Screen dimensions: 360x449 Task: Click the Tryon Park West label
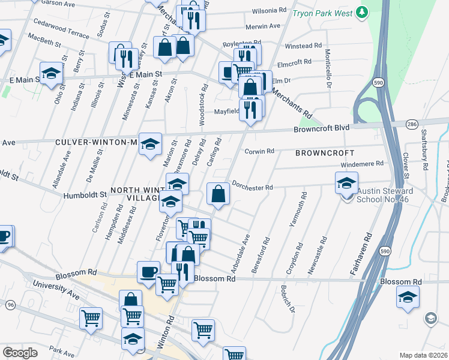coord(321,12)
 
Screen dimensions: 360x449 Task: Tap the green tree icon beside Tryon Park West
coord(361,11)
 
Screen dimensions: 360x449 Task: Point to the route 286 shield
coord(411,124)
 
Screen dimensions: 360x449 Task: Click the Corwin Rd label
coord(259,152)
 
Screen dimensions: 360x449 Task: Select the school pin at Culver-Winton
coord(151,144)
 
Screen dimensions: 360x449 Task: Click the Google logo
coord(19,353)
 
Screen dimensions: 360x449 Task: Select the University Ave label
coord(56,290)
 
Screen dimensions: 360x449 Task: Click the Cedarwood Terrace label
coord(61,31)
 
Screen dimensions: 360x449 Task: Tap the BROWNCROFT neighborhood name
coord(325,153)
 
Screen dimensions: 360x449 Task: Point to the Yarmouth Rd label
coord(294,210)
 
